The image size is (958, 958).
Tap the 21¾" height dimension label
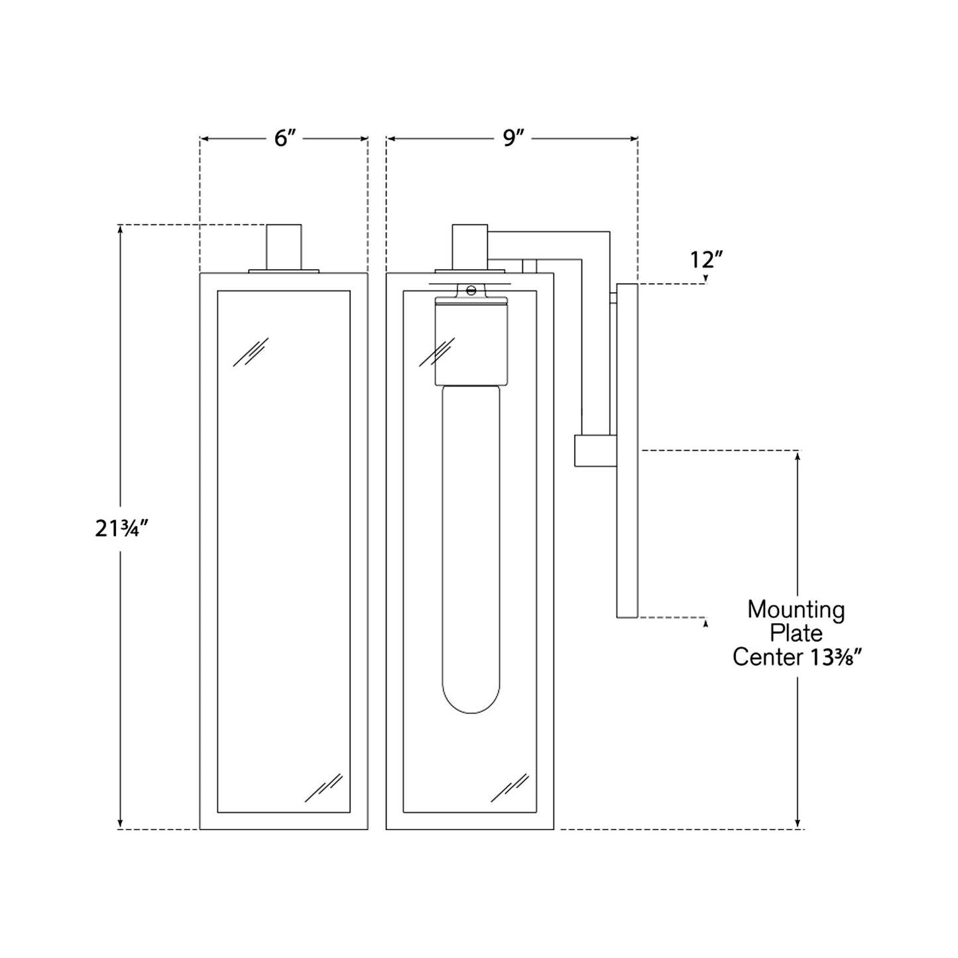tap(121, 528)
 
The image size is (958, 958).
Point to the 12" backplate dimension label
tap(706, 260)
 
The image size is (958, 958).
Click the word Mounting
tap(796, 610)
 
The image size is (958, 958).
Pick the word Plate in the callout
tap(796, 634)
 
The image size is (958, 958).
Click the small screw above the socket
tap(471, 290)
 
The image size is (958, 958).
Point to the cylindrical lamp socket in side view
tap(471, 341)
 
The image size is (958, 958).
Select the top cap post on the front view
tap(284, 246)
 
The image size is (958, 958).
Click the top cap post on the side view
tap(470, 246)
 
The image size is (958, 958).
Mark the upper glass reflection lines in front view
tap(251, 351)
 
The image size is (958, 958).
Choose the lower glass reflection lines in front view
tap(324, 788)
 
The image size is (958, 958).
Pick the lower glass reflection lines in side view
tap(510, 788)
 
